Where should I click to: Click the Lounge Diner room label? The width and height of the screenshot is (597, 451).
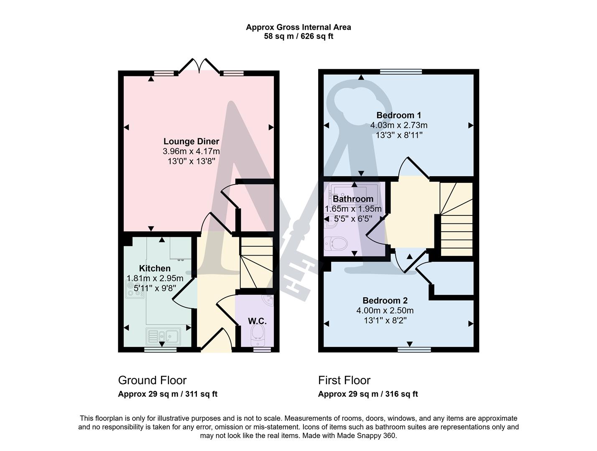coord(191,142)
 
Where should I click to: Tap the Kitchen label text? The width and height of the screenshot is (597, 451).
coord(155,269)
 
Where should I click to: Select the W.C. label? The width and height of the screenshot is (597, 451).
coord(257,321)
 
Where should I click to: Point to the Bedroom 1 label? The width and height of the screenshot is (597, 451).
coord(398,115)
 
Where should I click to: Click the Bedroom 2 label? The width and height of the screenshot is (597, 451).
coord(385,301)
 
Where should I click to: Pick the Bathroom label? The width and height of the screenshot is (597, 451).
coord(353,199)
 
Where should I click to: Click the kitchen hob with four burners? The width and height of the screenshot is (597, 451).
coord(135,289)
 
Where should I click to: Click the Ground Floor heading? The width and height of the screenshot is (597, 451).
coord(152,380)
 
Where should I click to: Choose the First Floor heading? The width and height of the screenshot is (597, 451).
coord(344,380)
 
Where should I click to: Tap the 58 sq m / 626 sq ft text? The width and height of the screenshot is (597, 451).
coord(298,36)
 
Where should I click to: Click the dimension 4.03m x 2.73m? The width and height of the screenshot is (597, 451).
coord(398,125)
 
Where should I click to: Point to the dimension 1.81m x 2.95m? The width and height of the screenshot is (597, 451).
coord(155,279)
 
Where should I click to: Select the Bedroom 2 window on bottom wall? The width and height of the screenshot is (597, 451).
coord(414,350)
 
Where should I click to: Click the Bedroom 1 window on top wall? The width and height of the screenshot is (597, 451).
coord(401,72)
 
